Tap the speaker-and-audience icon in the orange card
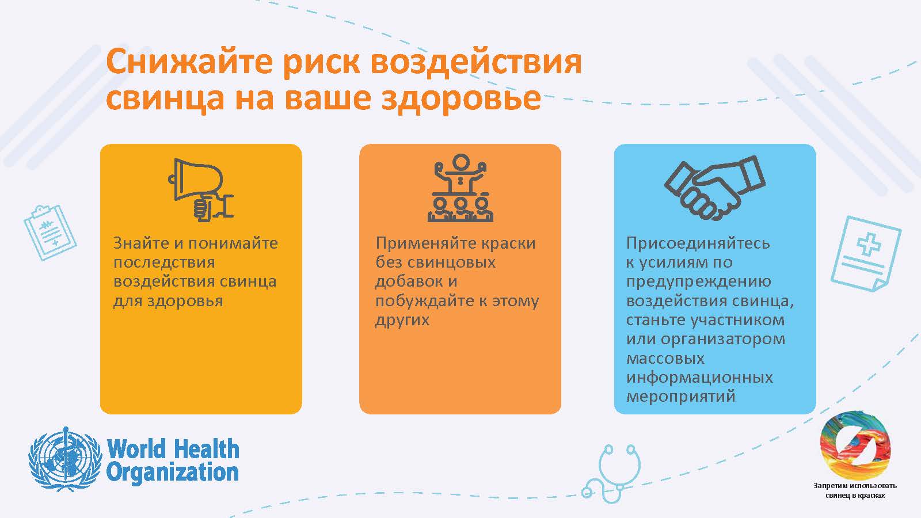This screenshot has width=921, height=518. click(x=461, y=188)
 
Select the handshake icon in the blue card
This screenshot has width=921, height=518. click(x=714, y=188)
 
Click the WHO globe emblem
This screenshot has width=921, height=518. click(x=65, y=460)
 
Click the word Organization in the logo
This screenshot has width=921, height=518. click(x=173, y=473)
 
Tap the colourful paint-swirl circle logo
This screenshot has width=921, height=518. click(x=855, y=445)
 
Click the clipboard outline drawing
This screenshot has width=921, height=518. click(x=50, y=233)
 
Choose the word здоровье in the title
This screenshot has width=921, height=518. click(x=461, y=98)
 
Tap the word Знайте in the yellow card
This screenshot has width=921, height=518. click(x=141, y=243)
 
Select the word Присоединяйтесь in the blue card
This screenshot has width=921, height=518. click(x=698, y=243)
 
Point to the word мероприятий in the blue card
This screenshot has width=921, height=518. click(x=680, y=397)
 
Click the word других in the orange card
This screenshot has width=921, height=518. click(x=402, y=320)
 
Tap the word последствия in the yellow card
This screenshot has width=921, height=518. click(x=164, y=262)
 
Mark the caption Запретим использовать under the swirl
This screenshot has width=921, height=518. click(x=855, y=486)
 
